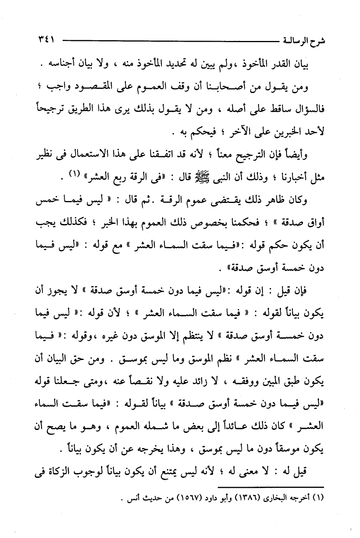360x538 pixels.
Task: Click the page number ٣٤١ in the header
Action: [46, 39]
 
